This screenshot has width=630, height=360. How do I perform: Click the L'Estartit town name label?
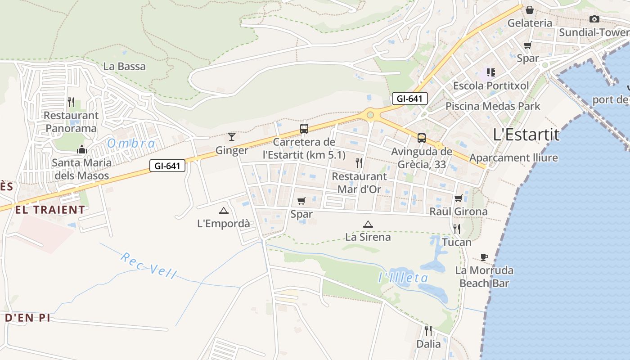tap(526, 134)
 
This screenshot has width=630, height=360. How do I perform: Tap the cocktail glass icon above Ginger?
tap(232, 136)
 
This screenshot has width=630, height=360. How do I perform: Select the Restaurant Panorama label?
tap(71, 122)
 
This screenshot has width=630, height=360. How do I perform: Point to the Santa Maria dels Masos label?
tap(81, 169)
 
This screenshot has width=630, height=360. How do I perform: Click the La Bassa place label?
tap(125, 67)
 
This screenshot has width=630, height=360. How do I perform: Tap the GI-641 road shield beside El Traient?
tap(167, 166)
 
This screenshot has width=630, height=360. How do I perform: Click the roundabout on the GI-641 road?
tap(370, 115)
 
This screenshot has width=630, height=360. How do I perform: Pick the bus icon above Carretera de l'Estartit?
tap(304, 129)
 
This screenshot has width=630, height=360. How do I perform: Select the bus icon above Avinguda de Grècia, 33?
tap(422, 138)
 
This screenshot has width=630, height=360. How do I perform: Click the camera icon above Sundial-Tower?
tap(594, 19)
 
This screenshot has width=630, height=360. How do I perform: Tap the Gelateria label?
tap(530, 23)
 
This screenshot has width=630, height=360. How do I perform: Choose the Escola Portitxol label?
tap(491, 85)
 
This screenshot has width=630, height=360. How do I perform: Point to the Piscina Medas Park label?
tap(493, 106)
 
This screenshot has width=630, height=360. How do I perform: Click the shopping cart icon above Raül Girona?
tap(459, 198)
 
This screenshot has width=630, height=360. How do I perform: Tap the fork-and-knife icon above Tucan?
tap(457, 229)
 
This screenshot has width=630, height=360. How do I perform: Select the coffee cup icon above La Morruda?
tap(484, 257)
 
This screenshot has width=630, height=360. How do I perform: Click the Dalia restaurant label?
tap(428, 344)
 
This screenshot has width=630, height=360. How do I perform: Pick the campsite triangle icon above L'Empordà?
tap(223, 210)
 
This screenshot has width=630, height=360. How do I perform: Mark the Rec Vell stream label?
tap(149, 265)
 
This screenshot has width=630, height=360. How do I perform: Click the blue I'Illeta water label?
tap(403, 278)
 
